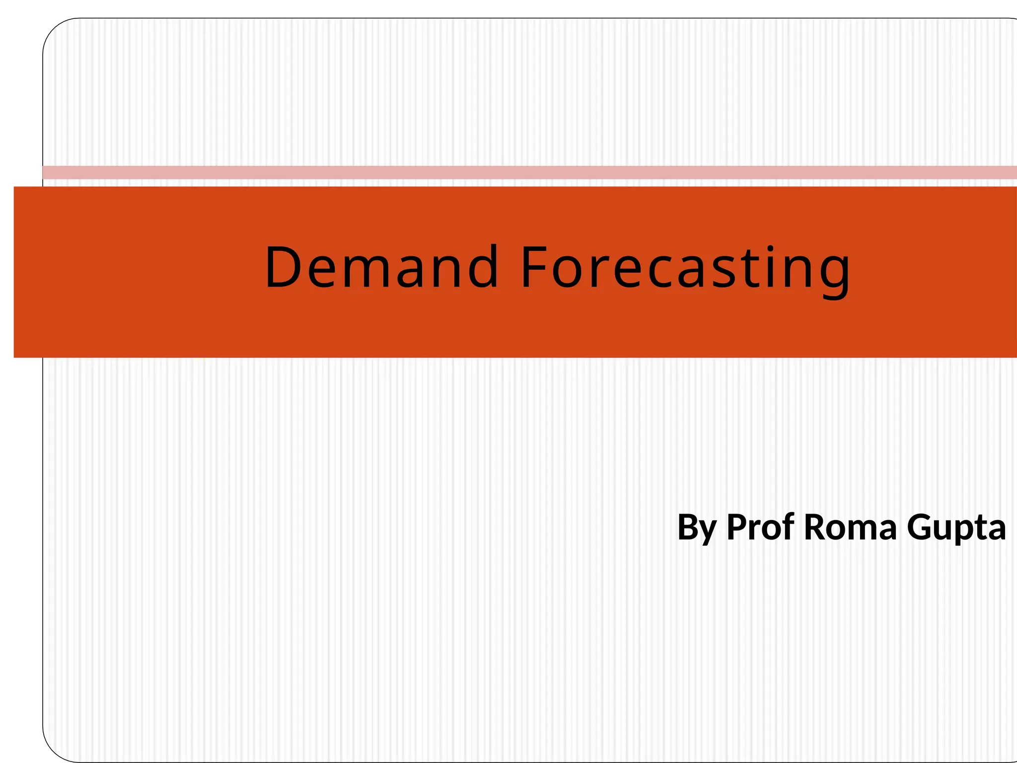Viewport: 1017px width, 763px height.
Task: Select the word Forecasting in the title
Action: (685, 268)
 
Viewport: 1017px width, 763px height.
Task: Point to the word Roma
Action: (850, 527)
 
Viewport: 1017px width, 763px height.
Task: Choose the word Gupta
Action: (956, 528)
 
